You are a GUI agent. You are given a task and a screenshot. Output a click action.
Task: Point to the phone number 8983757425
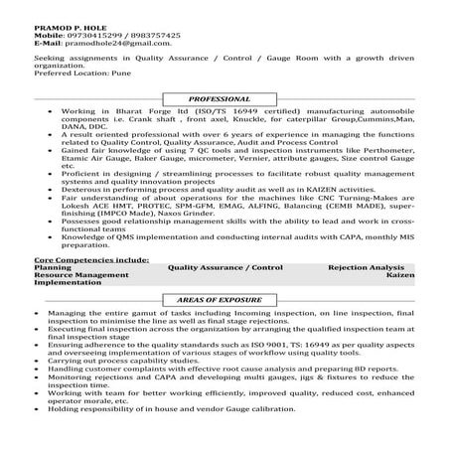149,34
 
